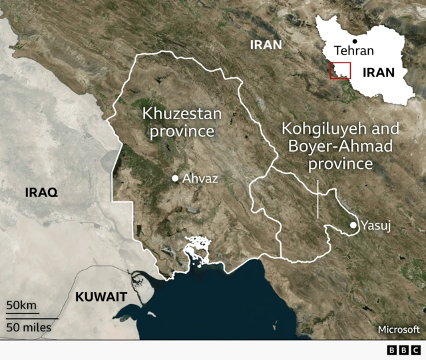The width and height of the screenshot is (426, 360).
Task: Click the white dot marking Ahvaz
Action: [x=175, y=178]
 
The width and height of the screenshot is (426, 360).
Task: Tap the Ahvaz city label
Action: [x=200, y=178]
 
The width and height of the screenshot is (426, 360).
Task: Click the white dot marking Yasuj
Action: [x=353, y=226]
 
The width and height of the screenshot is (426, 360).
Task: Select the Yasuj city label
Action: [x=375, y=226]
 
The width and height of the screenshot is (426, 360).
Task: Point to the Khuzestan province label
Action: [x=182, y=122]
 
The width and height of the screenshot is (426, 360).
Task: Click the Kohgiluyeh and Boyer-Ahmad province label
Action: [x=341, y=146]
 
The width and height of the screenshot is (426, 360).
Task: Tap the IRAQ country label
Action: [x=41, y=192]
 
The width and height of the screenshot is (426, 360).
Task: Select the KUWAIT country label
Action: [x=101, y=297]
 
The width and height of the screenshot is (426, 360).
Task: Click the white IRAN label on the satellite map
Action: [x=266, y=45]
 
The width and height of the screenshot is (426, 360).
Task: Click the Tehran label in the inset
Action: [x=354, y=51]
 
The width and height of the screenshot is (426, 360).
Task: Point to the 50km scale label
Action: [x=22, y=305]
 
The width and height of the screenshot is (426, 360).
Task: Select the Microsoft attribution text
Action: [x=399, y=329]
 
